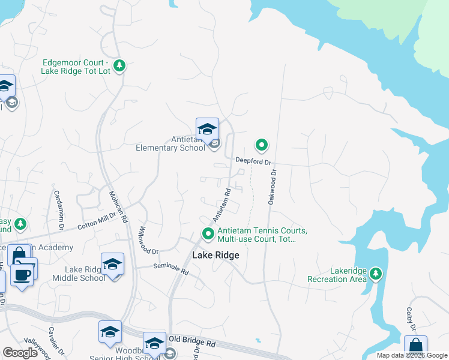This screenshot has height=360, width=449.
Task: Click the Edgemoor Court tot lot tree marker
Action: click(119, 65)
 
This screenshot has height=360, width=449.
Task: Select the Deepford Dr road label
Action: click(253, 161)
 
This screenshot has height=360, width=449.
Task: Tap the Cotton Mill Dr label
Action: click(97, 221)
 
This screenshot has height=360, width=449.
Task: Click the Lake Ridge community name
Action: click(215, 255)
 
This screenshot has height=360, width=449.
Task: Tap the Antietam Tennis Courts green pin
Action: click(208, 233)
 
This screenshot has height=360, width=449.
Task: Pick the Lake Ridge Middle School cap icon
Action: click(112, 264)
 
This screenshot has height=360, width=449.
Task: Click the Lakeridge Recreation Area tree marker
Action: click(376, 274)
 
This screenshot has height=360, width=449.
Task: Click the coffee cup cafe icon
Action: click(23, 275)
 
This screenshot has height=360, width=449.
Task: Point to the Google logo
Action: click(20, 353)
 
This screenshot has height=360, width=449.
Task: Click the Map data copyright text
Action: click(412, 355)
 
